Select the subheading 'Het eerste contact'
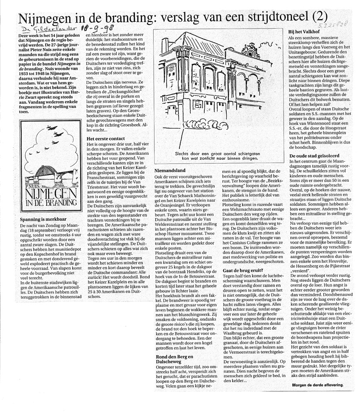tap(106, 138)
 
